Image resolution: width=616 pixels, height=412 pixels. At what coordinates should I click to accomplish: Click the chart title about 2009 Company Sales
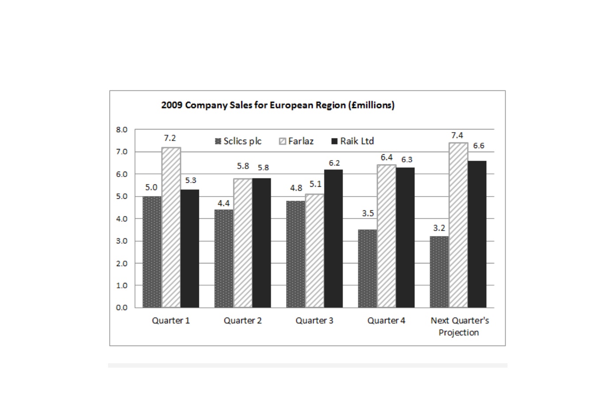(x=278, y=105)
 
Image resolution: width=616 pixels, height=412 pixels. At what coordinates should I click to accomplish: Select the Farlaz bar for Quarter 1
(x=171, y=228)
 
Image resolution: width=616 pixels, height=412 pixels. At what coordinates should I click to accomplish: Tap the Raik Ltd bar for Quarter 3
(x=333, y=239)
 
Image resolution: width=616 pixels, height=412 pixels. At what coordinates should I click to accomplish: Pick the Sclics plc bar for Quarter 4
(x=368, y=268)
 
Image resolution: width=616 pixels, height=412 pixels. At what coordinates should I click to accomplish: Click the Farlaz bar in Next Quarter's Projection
(x=458, y=225)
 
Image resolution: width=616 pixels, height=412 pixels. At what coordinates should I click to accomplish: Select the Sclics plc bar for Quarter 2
(x=224, y=259)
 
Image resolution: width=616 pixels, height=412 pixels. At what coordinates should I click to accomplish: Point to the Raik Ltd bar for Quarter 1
(x=190, y=248)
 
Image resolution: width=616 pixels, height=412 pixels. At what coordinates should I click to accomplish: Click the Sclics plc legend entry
(x=238, y=141)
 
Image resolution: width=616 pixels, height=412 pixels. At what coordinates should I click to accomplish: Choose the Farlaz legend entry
(x=296, y=141)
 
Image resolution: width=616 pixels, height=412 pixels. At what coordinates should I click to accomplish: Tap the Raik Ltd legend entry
(x=353, y=141)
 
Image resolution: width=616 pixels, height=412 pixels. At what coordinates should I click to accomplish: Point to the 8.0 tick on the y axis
(x=122, y=129)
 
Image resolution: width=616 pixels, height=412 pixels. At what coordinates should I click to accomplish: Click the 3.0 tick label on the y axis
(x=122, y=241)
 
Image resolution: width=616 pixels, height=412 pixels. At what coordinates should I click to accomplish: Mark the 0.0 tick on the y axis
(x=122, y=308)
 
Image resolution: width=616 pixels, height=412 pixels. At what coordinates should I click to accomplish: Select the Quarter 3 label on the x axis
(x=314, y=321)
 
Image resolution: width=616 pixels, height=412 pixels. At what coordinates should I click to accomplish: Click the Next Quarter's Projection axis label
(x=460, y=326)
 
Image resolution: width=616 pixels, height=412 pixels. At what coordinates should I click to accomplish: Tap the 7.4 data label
(x=457, y=136)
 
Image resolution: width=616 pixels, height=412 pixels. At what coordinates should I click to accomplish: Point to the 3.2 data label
(x=439, y=228)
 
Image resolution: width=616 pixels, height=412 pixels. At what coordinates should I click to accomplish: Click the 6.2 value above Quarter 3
(x=334, y=163)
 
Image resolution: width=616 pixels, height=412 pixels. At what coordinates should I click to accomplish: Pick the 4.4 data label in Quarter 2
(x=224, y=203)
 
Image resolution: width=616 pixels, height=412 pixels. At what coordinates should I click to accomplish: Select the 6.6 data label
(x=479, y=146)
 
